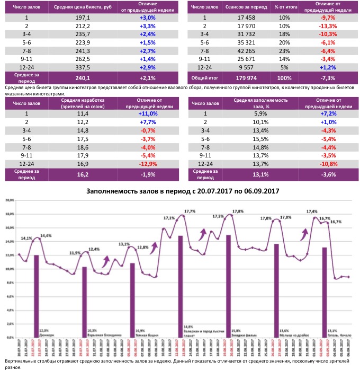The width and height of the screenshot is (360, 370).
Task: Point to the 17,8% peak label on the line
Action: tap(238, 211)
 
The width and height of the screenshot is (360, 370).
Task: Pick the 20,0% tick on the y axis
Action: tap(10, 201)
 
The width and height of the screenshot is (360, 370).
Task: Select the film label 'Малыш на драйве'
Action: tap(290, 334)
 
